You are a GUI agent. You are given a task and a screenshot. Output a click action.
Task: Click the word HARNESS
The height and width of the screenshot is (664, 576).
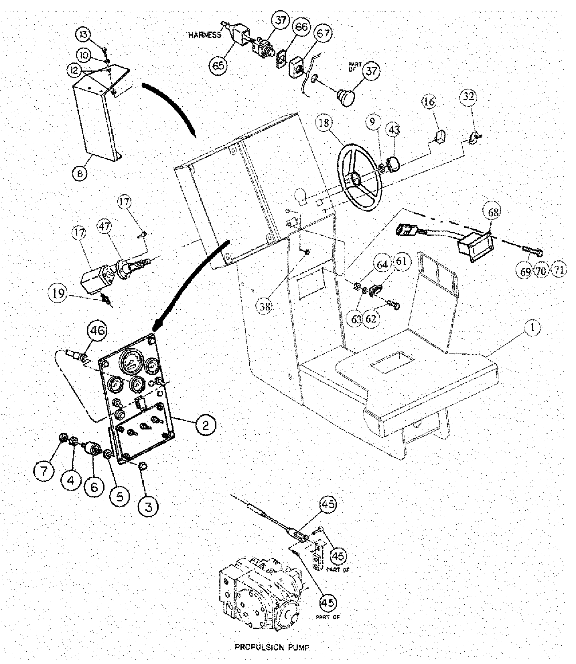point(204,35)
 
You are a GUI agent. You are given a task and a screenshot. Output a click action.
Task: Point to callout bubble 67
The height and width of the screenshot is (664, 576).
point(322,34)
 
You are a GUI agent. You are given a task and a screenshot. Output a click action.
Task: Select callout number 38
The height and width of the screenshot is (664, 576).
point(265,307)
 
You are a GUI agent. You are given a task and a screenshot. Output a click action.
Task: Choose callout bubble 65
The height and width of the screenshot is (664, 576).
point(220,65)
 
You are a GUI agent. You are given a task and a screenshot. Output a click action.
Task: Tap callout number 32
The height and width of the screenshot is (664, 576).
point(469,96)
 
